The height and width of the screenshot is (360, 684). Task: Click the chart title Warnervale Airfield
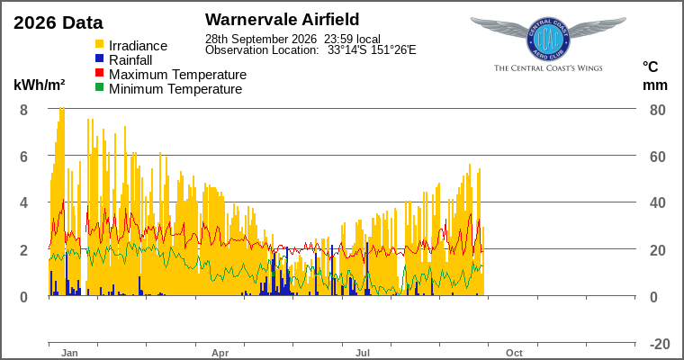click(x=283, y=19)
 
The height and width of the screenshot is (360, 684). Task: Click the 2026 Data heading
click(x=58, y=22)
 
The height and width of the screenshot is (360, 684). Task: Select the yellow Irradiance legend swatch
click(x=100, y=44)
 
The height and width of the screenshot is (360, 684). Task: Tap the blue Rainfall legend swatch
click(x=100, y=58)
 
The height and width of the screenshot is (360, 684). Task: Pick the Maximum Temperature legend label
click(x=177, y=75)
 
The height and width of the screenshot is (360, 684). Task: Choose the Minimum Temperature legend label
click(x=175, y=89)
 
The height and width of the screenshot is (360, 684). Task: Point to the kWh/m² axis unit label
click(x=40, y=85)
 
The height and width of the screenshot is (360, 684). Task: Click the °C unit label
click(x=650, y=67)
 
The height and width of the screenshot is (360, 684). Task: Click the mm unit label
click(x=655, y=85)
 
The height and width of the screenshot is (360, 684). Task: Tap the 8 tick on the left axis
click(x=23, y=110)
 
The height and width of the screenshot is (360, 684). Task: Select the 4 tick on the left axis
click(x=23, y=202)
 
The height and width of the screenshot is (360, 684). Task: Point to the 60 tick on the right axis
click(x=657, y=157)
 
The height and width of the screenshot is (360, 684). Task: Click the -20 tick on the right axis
click(x=660, y=344)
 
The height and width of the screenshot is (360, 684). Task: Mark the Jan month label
click(x=69, y=353)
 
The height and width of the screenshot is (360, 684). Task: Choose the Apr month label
click(x=220, y=353)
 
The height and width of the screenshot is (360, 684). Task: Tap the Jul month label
click(x=363, y=353)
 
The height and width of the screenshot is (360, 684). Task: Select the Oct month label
click(x=514, y=353)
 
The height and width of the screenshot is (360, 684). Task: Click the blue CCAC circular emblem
click(x=548, y=40)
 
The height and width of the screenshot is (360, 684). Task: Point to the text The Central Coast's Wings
click(x=548, y=68)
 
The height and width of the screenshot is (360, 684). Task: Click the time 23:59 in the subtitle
click(x=338, y=40)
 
